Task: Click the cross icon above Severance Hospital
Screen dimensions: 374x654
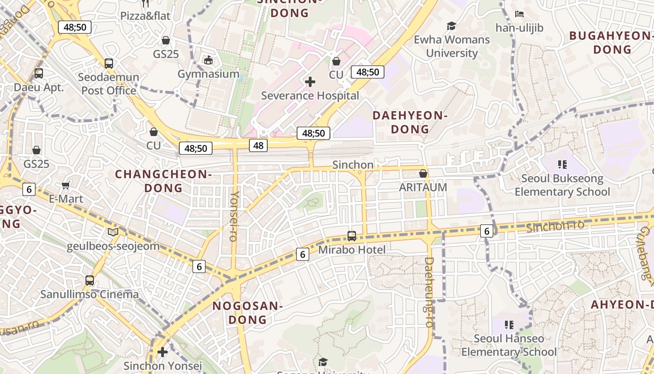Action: point(310,82)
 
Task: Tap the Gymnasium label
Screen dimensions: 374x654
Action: point(208,74)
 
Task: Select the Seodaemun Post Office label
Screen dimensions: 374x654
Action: point(109,84)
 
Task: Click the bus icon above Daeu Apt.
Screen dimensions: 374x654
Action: point(39,73)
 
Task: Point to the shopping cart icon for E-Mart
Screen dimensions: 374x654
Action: point(66,185)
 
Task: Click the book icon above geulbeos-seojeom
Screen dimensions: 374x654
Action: point(113,232)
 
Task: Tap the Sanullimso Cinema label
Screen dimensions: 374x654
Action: point(89,295)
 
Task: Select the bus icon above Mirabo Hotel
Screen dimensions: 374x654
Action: point(352,236)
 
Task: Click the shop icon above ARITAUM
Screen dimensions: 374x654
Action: point(423,173)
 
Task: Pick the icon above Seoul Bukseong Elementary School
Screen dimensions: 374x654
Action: point(562,165)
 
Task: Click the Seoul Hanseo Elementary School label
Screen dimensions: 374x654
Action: point(509,345)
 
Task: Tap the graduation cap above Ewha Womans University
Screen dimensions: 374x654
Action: point(451,26)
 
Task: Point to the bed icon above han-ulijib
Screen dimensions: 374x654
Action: point(519,14)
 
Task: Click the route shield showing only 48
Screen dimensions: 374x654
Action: point(258,145)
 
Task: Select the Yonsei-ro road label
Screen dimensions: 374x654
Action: point(234,216)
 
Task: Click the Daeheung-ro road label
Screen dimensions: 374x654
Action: point(429,292)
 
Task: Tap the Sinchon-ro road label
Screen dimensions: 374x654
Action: point(555,226)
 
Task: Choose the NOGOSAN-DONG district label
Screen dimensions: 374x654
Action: point(247,313)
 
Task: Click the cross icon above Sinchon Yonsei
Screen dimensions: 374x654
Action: point(163,352)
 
